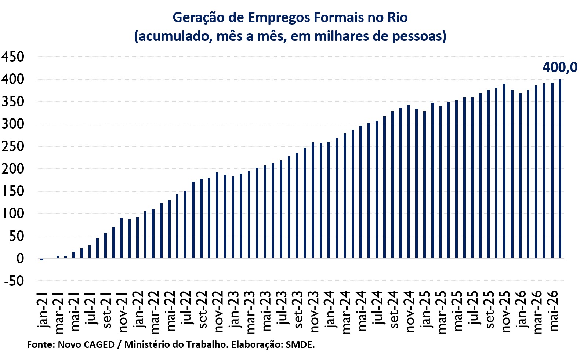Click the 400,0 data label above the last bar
560,67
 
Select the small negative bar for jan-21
42,259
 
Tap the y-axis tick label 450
13,56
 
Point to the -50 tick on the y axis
14,281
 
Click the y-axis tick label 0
20,259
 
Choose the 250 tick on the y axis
13,146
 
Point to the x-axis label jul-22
186,307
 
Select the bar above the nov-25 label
504,171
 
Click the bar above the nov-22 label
217,215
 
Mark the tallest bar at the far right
560,168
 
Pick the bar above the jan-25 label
424,185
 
